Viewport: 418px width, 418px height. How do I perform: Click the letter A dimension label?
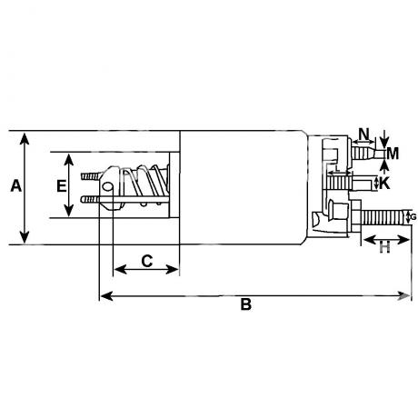pyautogui.click(x=16, y=185)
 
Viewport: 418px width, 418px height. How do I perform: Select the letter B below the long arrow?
pyautogui.click(x=246, y=304)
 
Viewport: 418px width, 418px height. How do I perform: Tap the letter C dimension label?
pyautogui.click(x=147, y=261)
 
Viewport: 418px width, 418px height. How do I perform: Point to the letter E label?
pyautogui.click(x=62, y=185)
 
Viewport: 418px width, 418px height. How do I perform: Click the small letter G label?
pyautogui.click(x=413, y=217)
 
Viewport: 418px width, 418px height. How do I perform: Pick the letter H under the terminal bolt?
pyautogui.click(x=385, y=248)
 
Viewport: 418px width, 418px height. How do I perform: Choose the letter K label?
pyautogui.click(x=384, y=184)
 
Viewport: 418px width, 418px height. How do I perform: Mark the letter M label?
pyautogui.click(x=393, y=154)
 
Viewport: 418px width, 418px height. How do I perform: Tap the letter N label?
pyautogui.click(x=364, y=134)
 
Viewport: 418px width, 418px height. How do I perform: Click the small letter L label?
pyautogui.click(x=337, y=168)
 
